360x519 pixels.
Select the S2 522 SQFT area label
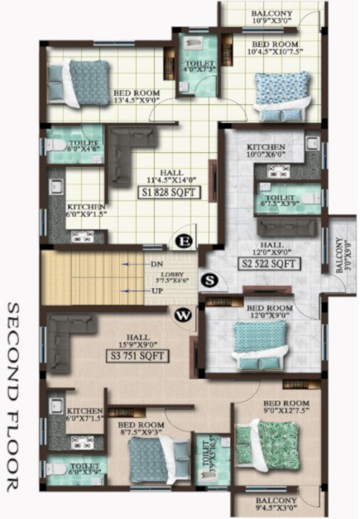269,264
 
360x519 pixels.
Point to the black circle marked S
210,281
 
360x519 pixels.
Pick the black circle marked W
181,315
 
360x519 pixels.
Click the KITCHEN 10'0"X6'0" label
266,151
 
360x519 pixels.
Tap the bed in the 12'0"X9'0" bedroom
258,343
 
